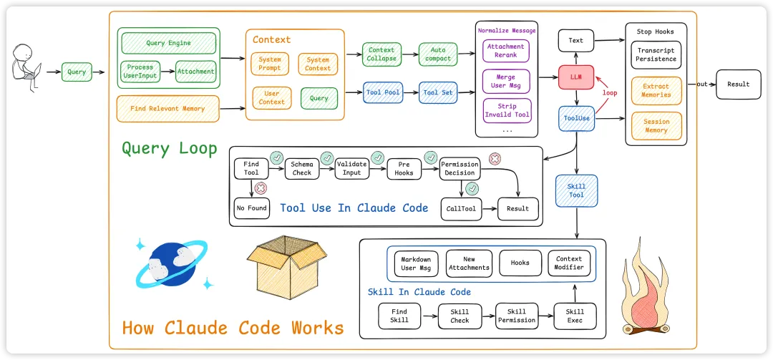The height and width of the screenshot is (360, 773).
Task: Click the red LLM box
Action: coord(576,77)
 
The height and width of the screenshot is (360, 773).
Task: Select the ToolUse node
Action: coord(576,118)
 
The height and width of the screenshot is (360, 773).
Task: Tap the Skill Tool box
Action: coord(576,191)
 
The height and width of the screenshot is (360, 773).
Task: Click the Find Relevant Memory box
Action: coord(167,109)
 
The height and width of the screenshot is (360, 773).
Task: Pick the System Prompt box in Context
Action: coord(270,64)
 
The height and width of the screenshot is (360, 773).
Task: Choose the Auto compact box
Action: coord(437,54)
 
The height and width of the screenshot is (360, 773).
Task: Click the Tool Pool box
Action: coord(383,92)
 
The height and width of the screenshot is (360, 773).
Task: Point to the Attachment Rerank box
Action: coord(506,50)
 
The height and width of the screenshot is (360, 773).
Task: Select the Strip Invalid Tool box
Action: coord(506,111)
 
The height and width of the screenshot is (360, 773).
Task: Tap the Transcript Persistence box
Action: coord(656,54)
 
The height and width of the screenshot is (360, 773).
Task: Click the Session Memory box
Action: coord(656,126)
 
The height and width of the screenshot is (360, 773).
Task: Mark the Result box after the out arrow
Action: coord(738,84)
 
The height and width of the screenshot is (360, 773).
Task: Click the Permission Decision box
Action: coord(460,168)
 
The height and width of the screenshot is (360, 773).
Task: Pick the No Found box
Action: coord(251,208)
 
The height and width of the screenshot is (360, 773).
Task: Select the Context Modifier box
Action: coord(569,263)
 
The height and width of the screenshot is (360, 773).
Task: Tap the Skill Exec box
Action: coord(575,316)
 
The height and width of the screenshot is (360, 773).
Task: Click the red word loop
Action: coord(609,93)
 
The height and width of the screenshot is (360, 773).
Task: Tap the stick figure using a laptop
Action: coord(26,69)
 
